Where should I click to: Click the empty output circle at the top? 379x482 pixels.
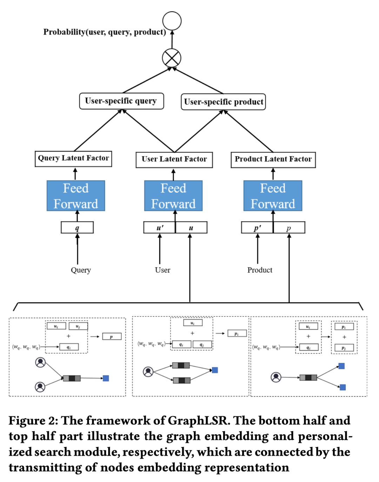click(x=172, y=21)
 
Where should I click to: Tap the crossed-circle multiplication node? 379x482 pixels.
click(x=172, y=58)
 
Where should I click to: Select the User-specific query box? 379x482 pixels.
click(x=121, y=101)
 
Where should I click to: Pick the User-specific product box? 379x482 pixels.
click(x=223, y=102)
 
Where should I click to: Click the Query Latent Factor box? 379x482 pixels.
click(x=73, y=158)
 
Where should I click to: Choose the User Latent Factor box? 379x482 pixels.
click(x=174, y=159)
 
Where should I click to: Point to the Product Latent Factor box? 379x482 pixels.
click(x=273, y=159)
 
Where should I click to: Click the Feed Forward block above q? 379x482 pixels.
click(x=76, y=196)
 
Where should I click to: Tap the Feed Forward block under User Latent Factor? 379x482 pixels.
click(x=173, y=196)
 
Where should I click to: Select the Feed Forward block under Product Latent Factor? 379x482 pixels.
click(x=273, y=196)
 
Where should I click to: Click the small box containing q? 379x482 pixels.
click(x=77, y=228)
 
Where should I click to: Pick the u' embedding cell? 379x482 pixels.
click(x=160, y=228)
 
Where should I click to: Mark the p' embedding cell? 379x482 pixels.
click(x=257, y=228)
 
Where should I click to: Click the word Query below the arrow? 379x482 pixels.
click(x=81, y=270)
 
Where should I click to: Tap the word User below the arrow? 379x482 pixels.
click(x=162, y=270)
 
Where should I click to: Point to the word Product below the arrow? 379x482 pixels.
click(x=260, y=270)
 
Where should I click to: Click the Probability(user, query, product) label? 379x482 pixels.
click(x=105, y=32)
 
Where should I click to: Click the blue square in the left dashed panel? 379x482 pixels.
click(x=106, y=378)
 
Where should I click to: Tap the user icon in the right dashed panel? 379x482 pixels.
click(x=276, y=377)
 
